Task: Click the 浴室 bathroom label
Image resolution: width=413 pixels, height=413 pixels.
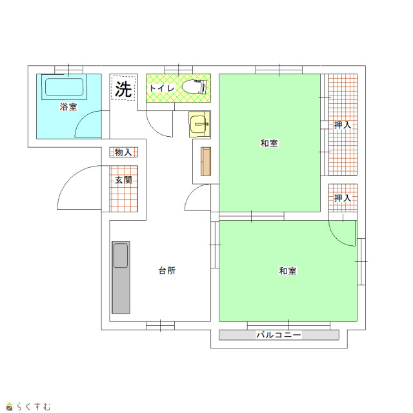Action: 68,107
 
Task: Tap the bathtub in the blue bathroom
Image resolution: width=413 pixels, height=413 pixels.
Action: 65,87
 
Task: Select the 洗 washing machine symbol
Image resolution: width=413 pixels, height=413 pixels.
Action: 123,89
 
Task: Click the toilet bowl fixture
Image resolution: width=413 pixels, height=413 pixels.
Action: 194,87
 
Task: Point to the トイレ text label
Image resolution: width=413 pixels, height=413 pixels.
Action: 162,88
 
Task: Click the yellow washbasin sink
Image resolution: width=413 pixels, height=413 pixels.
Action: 199,124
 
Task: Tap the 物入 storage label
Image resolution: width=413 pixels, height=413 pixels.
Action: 123,152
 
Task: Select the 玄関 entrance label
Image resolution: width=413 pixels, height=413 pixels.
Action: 123,181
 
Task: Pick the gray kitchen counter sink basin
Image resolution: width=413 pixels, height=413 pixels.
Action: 121,256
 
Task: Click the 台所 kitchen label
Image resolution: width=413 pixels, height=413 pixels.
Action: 167,270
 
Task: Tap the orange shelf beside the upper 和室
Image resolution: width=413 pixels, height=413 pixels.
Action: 206,161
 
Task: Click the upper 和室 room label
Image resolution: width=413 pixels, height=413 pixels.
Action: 269,143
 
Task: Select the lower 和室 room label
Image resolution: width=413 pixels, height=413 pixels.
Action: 288,271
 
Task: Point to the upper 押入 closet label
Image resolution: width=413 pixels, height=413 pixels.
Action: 343,125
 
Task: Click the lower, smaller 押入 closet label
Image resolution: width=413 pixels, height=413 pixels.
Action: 343,198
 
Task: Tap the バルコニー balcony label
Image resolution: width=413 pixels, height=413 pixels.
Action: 279,335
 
